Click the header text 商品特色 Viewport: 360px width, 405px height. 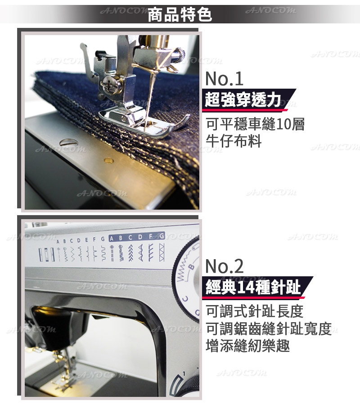point(180,15)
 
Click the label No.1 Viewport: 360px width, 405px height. point(224,79)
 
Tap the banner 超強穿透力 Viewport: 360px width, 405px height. point(243,99)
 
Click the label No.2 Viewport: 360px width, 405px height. point(224,266)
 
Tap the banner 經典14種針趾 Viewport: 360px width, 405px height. point(253,287)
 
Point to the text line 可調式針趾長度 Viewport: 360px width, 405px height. point(254,311)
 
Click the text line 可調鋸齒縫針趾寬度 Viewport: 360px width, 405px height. point(269,328)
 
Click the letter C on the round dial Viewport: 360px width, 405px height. point(185,299)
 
